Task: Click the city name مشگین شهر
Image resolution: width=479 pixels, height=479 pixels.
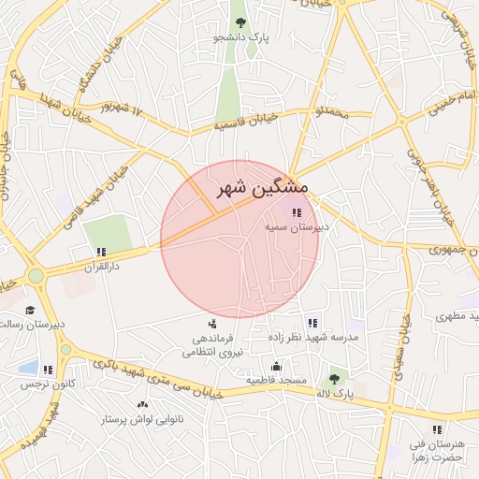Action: coord(261,186)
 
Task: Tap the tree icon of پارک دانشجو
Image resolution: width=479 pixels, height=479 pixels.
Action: coord(240,22)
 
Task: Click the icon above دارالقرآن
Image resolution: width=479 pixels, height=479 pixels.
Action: coord(101,252)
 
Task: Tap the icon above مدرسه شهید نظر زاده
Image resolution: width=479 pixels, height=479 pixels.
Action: coord(312,323)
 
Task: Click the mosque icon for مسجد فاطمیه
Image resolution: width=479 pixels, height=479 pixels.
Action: coord(276,366)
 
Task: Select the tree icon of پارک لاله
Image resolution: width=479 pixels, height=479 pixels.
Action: coord(334,380)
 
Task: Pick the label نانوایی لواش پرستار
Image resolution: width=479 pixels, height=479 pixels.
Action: coord(143,420)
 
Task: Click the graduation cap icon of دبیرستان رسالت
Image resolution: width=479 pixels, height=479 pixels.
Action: coord(30,310)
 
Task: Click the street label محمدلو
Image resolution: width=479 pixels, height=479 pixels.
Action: coord(331,113)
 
